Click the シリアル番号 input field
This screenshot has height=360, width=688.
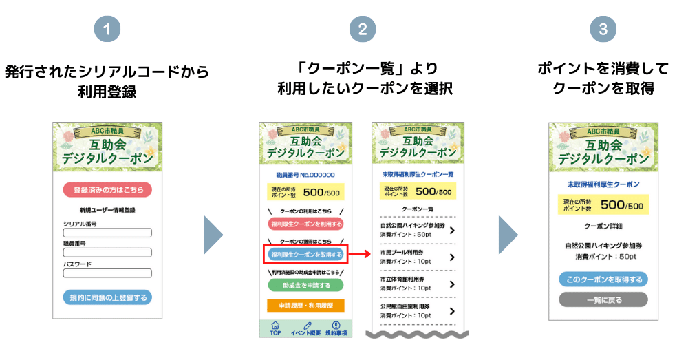click(107, 233)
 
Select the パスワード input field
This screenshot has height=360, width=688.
click(107, 273)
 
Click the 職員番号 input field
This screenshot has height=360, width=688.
click(107, 253)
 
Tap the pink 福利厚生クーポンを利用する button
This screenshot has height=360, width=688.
click(305, 224)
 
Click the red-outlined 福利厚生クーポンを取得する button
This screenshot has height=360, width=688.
click(305, 255)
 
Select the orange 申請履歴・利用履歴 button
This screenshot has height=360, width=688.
click(305, 305)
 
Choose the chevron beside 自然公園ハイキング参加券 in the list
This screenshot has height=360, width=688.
click(452, 231)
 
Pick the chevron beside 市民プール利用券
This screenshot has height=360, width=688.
click(452, 257)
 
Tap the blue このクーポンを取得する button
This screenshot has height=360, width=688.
click(603, 279)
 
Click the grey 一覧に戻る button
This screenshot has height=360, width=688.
click(603, 299)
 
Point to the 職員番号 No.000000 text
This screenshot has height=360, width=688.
click(305, 176)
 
